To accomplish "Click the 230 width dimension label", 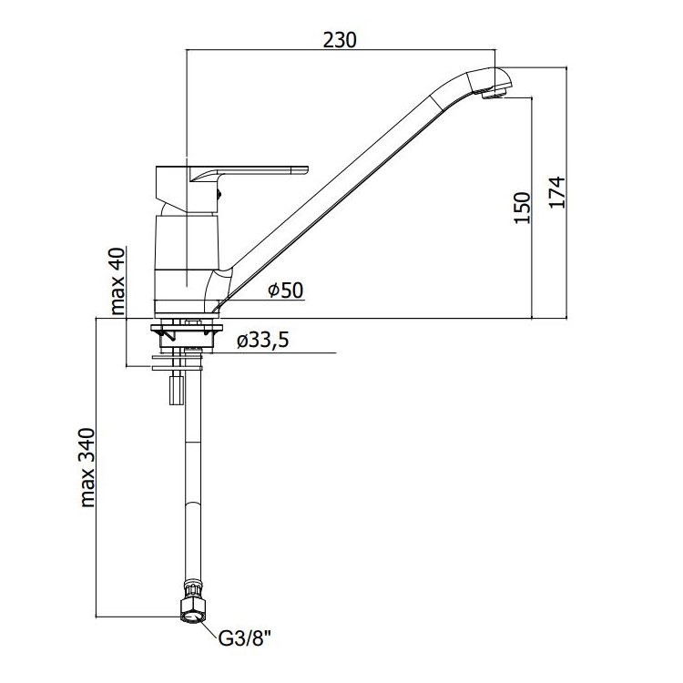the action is click(x=340, y=40).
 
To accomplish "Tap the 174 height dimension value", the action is click(x=557, y=192).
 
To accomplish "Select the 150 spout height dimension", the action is click(x=523, y=208).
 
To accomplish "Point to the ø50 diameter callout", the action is click(x=285, y=291).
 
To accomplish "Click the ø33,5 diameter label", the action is click(x=262, y=341).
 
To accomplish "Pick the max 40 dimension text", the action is click(x=117, y=281).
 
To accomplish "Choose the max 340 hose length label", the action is click(x=87, y=468).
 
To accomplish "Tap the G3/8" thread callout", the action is click(x=244, y=639).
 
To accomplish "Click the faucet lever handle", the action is click(x=249, y=173).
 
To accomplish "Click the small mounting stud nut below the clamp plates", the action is click(x=176, y=389).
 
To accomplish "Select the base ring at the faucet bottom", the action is click(x=187, y=308).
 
